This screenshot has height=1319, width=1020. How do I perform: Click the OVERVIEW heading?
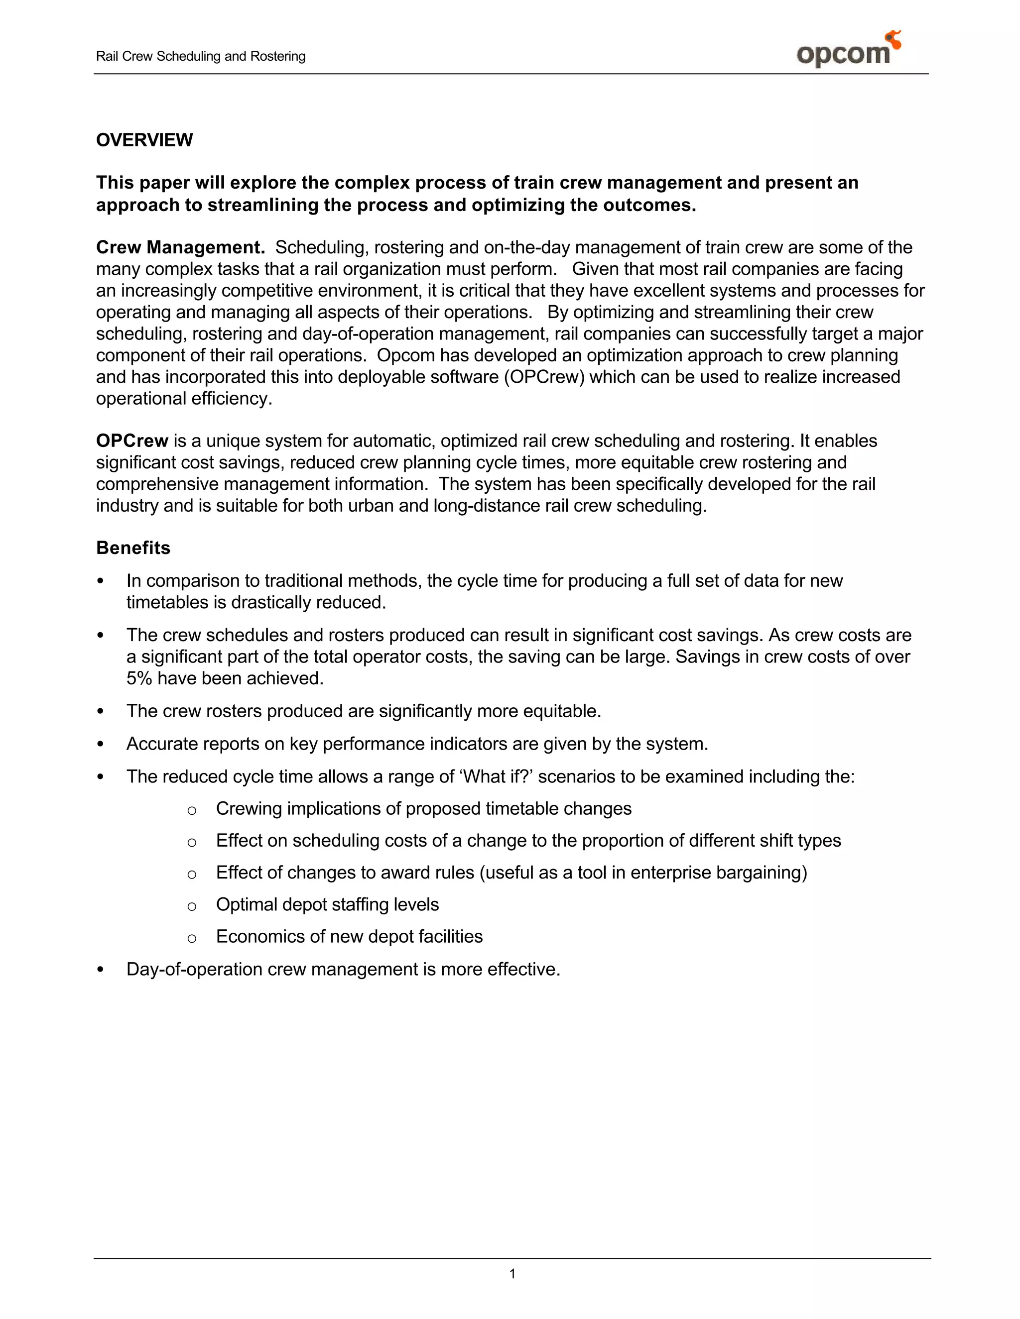pyautogui.click(x=144, y=140)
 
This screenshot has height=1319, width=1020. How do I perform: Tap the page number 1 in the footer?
pyautogui.click(x=512, y=1274)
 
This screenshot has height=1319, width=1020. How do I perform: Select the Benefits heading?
pyautogui.click(x=133, y=548)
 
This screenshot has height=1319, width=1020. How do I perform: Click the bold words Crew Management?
pyautogui.click(x=181, y=247)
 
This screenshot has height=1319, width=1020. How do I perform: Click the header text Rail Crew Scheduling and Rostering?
pyautogui.click(x=201, y=56)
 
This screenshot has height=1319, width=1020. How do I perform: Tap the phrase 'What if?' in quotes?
pyautogui.click(x=496, y=776)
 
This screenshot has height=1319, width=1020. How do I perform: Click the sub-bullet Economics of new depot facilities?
pyautogui.click(x=349, y=936)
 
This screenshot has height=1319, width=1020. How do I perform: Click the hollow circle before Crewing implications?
pyautogui.click(x=192, y=810)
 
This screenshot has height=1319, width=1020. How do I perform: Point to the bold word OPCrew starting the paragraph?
pyautogui.click(x=131, y=441)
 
